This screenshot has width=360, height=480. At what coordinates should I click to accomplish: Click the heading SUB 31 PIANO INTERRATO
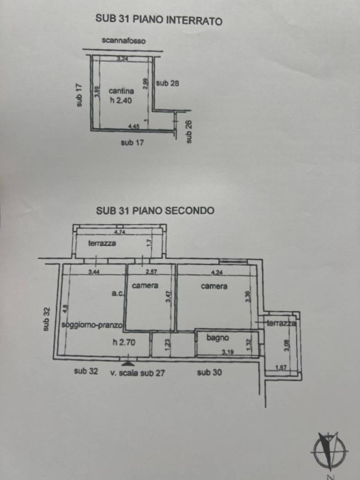pos(159,20)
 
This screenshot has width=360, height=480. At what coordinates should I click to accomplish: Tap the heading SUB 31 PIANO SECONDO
pos(155,211)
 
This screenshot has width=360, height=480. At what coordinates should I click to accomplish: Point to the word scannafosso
pos(124,41)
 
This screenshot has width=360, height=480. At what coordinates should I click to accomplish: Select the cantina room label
pos(121,91)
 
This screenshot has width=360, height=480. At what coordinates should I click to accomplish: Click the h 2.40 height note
pos(120,101)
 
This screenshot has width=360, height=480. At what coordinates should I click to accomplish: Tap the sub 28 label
pos(167,83)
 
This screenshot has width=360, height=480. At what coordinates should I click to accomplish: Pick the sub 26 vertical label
pos(188,132)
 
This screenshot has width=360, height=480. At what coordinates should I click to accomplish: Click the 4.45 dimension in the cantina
pos(134,126)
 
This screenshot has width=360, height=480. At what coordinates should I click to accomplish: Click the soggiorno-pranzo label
pos(91,325)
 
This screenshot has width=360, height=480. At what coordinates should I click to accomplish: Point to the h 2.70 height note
pos(124,341)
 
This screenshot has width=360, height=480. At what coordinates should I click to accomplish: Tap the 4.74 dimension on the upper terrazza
pos(120,232)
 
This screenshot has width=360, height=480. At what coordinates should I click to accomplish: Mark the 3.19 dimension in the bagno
pos(228,352)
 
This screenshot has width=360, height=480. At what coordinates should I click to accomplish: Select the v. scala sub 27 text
pos(137,373)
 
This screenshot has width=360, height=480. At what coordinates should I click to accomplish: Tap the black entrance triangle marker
pos(128,363)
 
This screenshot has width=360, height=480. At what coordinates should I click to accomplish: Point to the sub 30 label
pos(210,373)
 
